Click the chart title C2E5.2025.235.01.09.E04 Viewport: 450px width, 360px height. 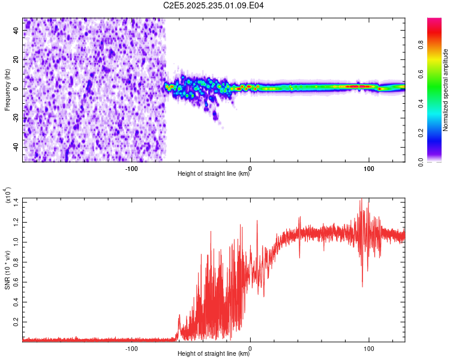[214, 5]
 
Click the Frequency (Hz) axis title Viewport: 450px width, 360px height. [7, 89]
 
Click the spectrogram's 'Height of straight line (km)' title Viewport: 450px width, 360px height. [214, 175]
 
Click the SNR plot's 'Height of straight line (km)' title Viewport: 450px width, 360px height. [214, 355]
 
